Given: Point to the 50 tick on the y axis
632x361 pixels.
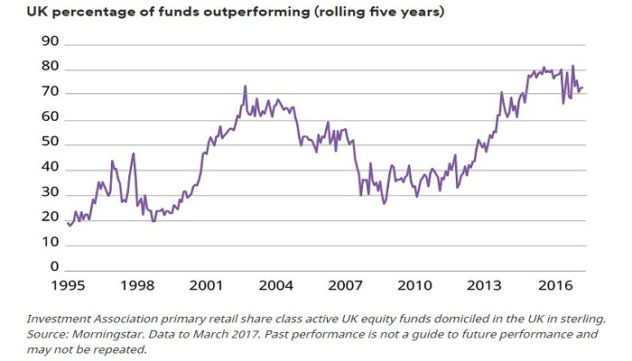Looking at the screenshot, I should [x=50, y=143].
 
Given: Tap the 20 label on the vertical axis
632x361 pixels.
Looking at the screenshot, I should [x=50, y=218].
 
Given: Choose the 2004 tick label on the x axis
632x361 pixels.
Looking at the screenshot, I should [x=275, y=285].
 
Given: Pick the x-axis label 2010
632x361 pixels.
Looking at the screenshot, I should [x=414, y=285].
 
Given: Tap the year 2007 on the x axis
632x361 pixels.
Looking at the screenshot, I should [x=345, y=285].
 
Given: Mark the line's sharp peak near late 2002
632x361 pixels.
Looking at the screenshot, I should [x=246, y=87].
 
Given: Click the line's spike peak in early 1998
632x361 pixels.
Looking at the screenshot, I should [x=134, y=154].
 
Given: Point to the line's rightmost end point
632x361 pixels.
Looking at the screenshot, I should [x=583, y=88].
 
